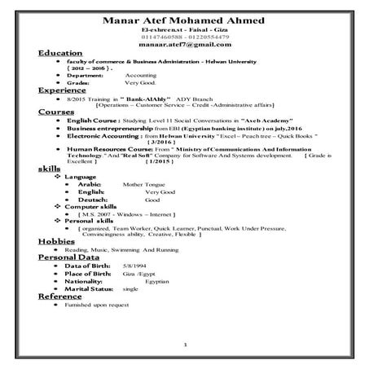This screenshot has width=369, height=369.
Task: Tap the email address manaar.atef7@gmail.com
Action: pyautogui.click(x=185, y=46)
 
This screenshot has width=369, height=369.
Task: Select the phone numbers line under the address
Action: pyautogui.click(x=185, y=37)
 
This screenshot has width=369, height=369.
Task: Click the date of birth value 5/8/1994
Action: pyautogui.click(x=134, y=266)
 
